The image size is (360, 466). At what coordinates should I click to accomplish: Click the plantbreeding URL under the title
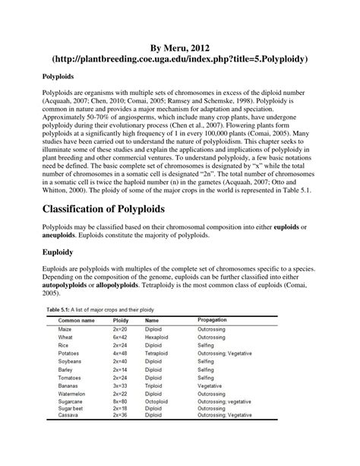179,57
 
